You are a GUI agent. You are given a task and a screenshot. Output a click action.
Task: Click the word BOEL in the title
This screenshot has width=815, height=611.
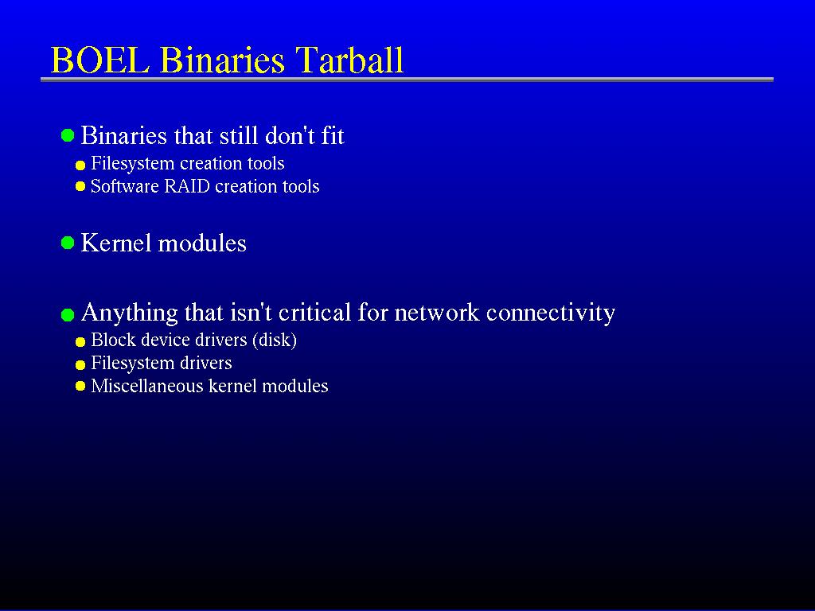click(x=100, y=60)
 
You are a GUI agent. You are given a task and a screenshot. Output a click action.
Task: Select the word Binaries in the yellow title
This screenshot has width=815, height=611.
click(x=223, y=60)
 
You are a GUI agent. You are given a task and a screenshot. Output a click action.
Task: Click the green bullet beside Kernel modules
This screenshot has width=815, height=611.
click(x=68, y=243)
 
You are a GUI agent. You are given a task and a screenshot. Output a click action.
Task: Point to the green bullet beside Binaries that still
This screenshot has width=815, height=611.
click(x=68, y=135)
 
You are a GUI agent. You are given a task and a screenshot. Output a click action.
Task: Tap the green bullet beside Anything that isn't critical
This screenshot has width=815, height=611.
click(x=68, y=315)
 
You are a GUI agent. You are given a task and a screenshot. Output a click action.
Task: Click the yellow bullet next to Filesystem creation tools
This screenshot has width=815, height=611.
click(x=80, y=165)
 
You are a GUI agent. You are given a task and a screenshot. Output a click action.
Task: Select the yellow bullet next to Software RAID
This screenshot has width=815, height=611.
click(x=80, y=186)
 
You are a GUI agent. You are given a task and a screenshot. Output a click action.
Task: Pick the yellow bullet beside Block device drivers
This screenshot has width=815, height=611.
click(x=80, y=342)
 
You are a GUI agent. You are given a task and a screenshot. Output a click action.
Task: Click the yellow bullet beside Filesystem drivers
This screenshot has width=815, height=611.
click(x=80, y=364)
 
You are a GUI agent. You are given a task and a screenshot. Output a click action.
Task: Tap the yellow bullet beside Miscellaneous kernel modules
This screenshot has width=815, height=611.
click(x=80, y=386)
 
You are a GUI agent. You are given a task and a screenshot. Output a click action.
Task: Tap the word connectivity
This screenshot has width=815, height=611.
click(x=551, y=312)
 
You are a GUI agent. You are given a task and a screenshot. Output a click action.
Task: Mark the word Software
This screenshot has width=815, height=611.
click(x=125, y=186)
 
